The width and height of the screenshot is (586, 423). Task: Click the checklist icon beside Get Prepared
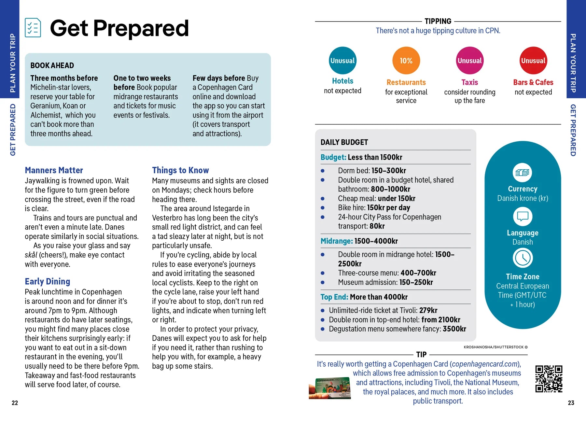coord(33,28)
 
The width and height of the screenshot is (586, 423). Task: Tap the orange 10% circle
coord(406,61)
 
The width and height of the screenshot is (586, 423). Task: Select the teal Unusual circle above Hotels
coord(342,61)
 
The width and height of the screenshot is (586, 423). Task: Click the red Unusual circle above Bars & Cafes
coord(533,61)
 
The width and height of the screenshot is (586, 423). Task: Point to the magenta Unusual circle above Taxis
coord(469,61)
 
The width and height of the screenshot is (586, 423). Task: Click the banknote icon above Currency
coord(522,173)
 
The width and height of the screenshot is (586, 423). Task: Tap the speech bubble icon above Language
coord(523,217)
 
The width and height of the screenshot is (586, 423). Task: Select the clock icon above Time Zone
coord(523,258)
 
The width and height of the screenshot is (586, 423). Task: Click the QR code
coord(549,379)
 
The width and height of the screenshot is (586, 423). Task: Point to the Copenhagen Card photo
coord(330,388)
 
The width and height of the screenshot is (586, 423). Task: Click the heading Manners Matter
coord(54,170)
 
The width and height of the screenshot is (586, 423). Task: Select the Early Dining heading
coord(48,281)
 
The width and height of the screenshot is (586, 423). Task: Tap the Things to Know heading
coord(180,170)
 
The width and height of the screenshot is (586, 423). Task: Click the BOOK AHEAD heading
coord(52,65)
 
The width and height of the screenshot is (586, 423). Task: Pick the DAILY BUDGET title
coord(344,142)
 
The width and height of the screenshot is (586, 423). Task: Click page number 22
coord(15,403)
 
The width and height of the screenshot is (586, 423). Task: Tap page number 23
coord(571,403)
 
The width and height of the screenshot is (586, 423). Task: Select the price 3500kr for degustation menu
coord(454,329)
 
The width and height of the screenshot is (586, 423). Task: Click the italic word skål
coord(31,255)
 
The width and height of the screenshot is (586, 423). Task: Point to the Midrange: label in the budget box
coord(337,241)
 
